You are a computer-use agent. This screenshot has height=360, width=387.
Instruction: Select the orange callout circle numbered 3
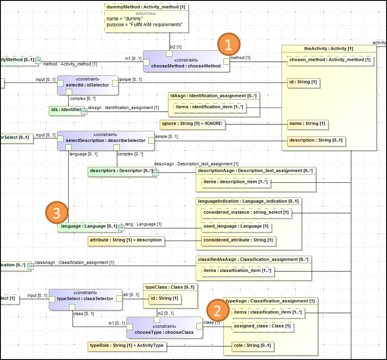pyautogui.click(x=57, y=213)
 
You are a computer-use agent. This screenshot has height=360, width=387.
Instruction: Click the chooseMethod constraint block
pyautogui.click(x=186, y=63)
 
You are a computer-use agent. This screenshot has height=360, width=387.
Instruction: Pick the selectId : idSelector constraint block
pyautogui.click(x=88, y=85)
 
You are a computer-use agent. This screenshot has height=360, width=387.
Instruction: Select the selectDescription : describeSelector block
pyautogui.click(x=105, y=141)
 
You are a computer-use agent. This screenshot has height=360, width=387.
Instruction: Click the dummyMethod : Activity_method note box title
pyautogui.click(x=146, y=7)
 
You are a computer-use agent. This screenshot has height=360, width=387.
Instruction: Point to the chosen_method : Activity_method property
pyautogui.click(x=331, y=60)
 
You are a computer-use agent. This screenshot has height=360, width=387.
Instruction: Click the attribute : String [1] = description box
pyautogui.click(x=126, y=240)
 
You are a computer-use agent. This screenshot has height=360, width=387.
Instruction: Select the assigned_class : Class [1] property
pyautogui.click(x=262, y=326)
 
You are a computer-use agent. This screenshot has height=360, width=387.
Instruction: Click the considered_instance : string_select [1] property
pyautogui.click(x=246, y=212)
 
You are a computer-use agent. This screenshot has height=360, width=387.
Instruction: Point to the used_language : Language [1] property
pyautogui.click(x=236, y=226)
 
